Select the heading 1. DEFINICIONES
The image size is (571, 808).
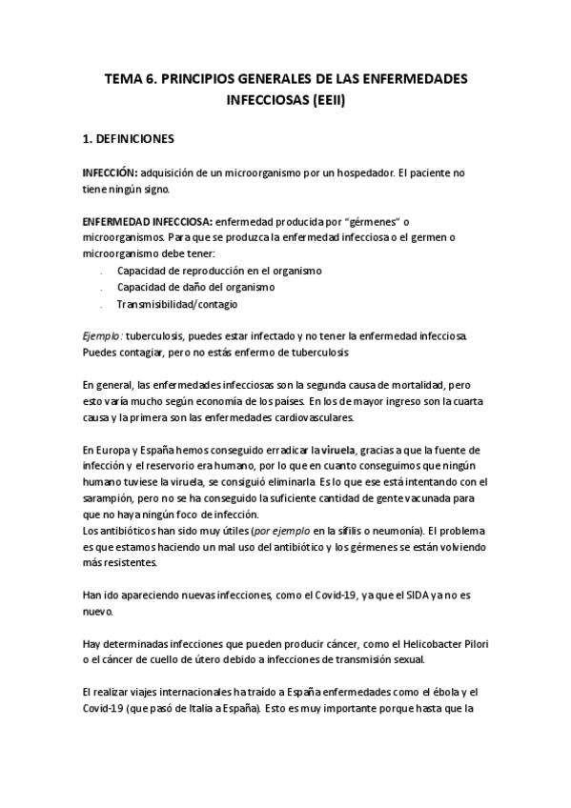(129, 138)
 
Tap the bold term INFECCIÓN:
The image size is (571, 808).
(112, 172)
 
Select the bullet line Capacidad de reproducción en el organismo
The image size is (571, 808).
(219, 271)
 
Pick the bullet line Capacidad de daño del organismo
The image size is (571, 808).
(195, 287)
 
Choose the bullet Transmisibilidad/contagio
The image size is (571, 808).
(177, 304)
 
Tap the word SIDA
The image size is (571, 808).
(427, 596)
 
